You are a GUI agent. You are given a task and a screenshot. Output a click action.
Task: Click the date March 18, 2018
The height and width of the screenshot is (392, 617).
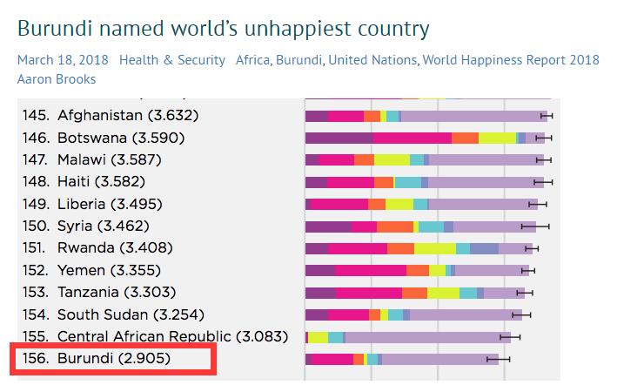point(57,60)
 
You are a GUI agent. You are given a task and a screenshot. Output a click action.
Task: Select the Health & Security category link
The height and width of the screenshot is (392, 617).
point(171,60)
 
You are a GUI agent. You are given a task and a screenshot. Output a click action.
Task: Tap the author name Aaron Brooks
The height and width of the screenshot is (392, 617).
point(57,78)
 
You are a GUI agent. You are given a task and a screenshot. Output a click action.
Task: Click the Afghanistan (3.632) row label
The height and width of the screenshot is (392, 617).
point(129,116)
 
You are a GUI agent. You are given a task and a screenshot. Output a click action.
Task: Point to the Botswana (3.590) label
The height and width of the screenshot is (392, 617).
point(120,138)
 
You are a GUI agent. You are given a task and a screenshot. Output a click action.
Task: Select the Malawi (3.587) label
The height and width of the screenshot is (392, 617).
point(109,160)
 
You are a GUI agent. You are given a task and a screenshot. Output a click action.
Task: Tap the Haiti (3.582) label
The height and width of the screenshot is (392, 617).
point(100,182)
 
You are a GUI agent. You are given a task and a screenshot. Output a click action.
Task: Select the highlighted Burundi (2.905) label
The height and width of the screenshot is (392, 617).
point(113,358)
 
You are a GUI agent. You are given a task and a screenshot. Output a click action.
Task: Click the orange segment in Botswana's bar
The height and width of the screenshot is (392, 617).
point(465,138)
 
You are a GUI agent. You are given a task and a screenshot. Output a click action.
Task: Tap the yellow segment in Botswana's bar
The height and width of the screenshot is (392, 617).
point(497,138)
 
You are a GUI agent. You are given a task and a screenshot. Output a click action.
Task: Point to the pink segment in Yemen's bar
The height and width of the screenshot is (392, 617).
point(370,270)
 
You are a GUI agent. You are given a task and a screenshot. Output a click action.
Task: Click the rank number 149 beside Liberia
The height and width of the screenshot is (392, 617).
point(32,204)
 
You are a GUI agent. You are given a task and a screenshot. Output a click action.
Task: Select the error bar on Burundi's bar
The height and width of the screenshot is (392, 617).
point(499,359)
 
